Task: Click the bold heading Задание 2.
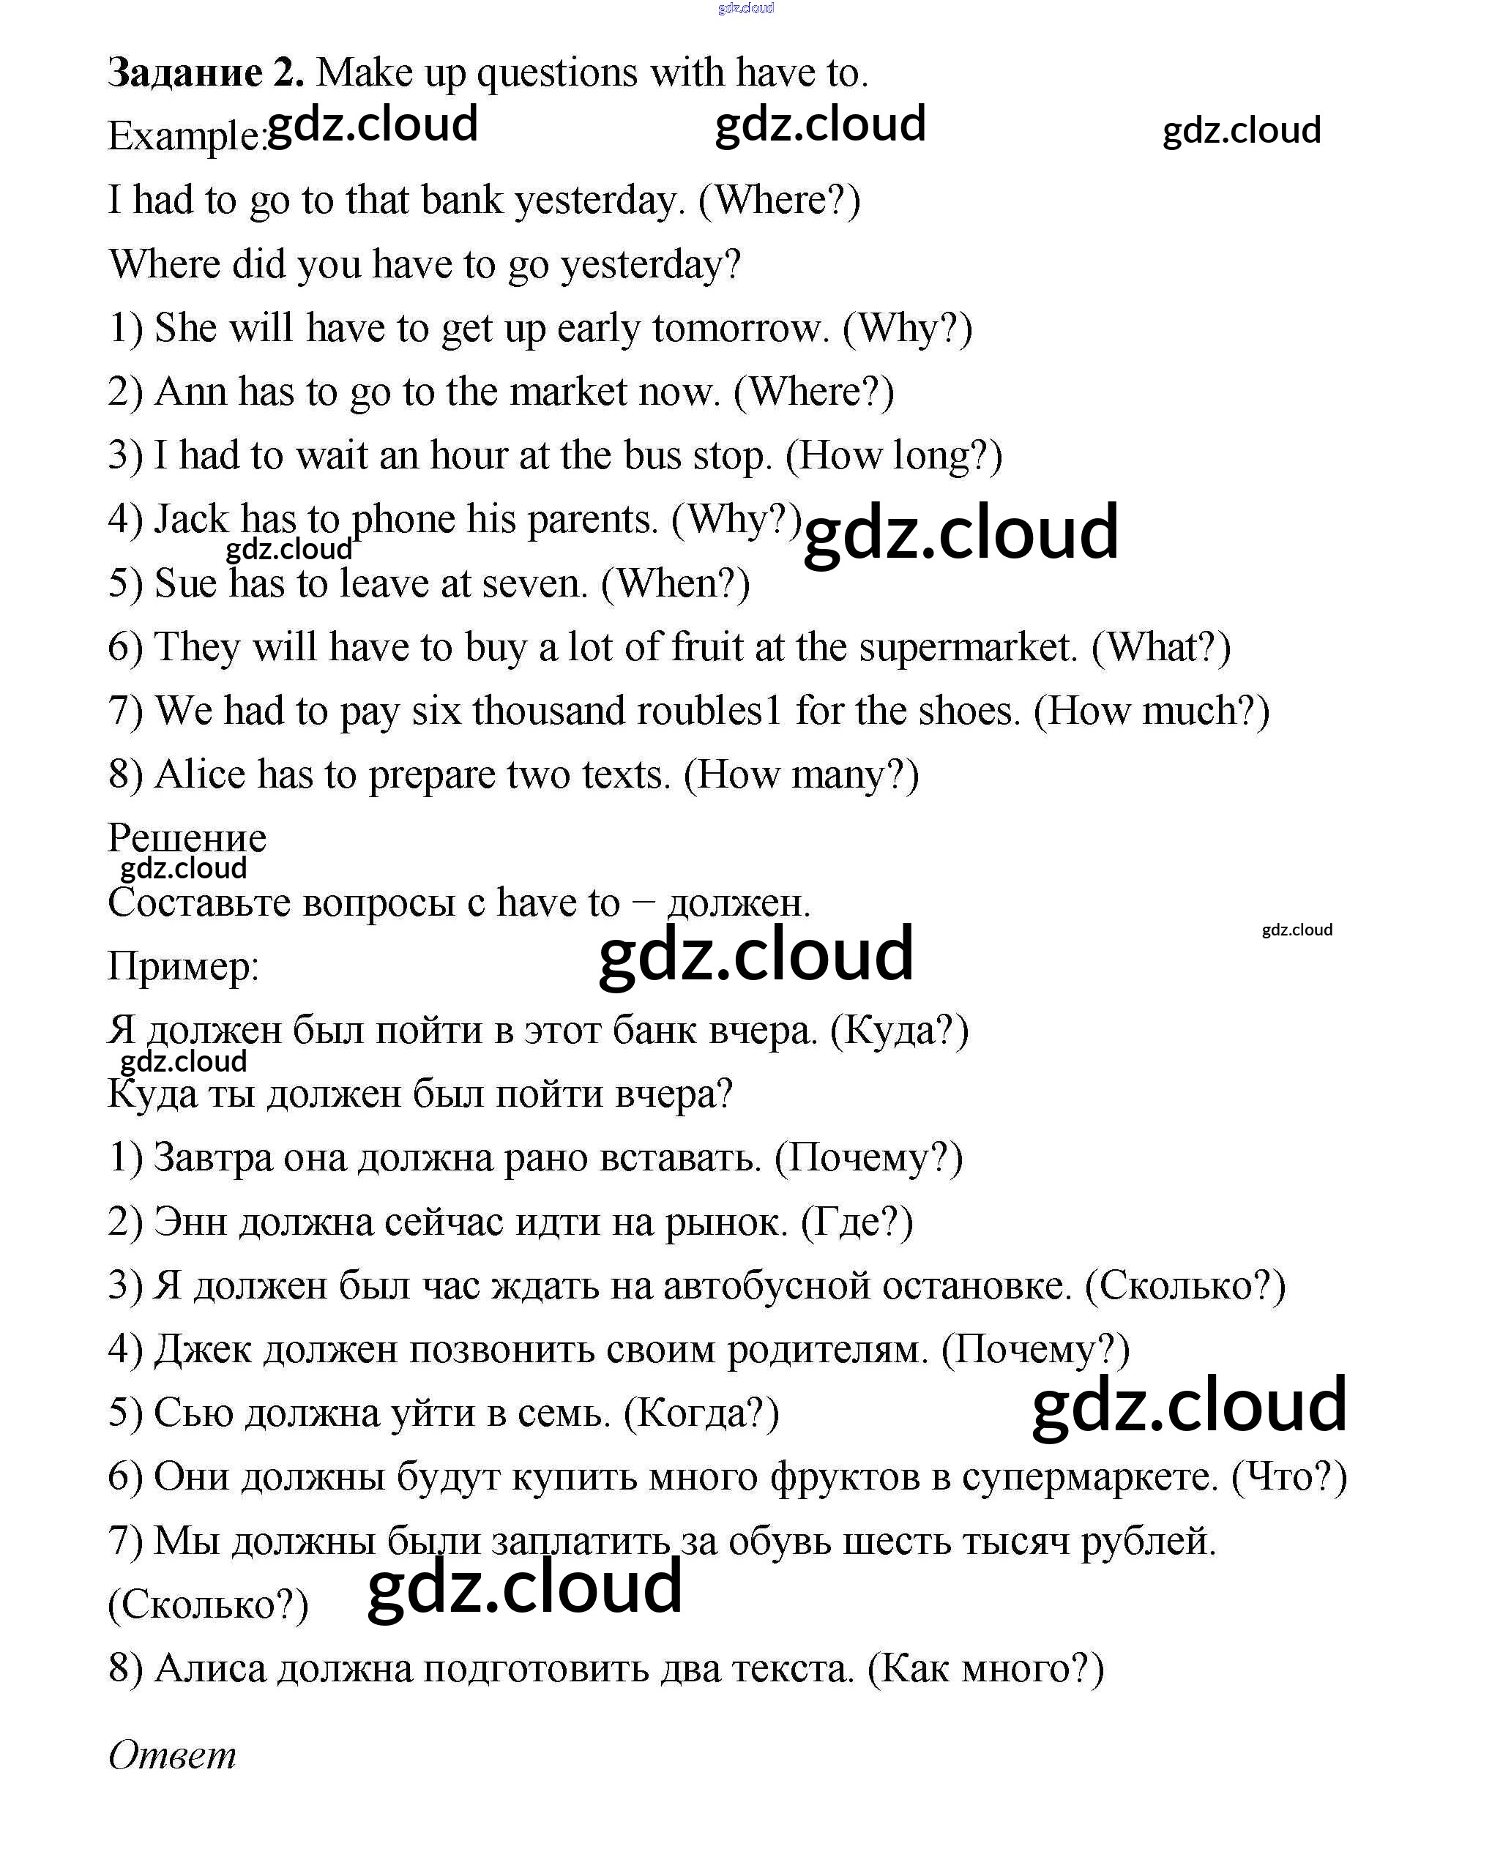(x=205, y=72)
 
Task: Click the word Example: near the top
(x=185, y=137)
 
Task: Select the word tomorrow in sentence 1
(x=740, y=329)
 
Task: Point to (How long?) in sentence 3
(x=893, y=456)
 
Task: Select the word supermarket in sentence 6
(x=969, y=647)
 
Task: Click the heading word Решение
(x=187, y=838)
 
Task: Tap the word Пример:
(x=183, y=966)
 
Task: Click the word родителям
(x=827, y=1350)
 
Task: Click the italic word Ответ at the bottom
(x=173, y=1755)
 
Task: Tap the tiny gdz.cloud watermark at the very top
(x=746, y=9)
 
